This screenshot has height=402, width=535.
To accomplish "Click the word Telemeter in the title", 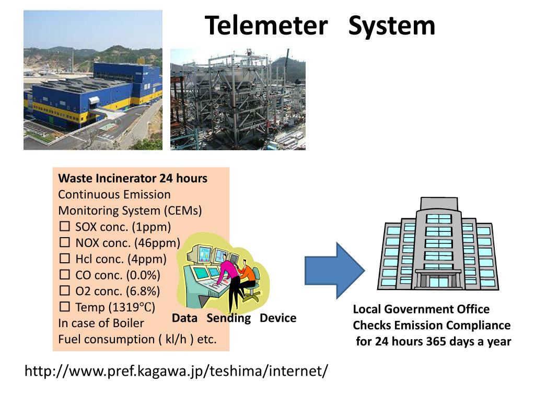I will (x=266, y=26).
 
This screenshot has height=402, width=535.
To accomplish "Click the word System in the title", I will (x=391, y=26).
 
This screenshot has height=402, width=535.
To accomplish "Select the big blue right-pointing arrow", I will (x=334, y=270).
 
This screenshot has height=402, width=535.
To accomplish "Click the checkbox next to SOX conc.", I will (x=65, y=227).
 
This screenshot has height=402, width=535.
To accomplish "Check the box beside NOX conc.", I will (x=65, y=243).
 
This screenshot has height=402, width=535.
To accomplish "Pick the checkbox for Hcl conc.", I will (x=65, y=259).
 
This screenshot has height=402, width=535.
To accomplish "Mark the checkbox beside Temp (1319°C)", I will (x=65, y=307).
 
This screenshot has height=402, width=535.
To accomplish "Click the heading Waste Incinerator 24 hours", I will (x=133, y=178).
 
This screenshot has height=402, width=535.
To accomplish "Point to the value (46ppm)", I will (x=157, y=243).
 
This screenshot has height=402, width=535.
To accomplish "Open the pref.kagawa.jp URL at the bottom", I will (x=177, y=371).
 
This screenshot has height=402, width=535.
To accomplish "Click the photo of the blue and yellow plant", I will (x=93, y=80).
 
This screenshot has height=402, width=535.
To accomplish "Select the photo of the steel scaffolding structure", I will (x=238, y=99).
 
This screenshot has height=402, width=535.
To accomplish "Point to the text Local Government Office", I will (x=421, y=309).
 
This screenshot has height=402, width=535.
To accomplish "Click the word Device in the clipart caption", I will (x=278, y=318).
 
